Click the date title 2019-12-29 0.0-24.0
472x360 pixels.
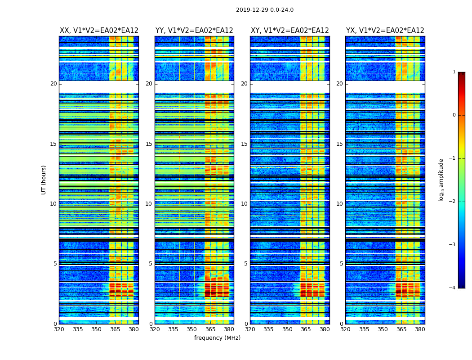coord(265,10)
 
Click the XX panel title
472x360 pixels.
coord(99,31)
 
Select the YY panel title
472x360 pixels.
coord(194,31)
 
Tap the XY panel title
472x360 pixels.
coord(290,31)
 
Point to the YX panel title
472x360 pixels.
coord(385,31)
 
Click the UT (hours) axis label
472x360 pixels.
coord(44,180)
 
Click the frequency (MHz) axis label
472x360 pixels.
coord(217,338)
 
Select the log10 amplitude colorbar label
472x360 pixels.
coord(441,180)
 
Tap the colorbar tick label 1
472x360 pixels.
coord(454,72)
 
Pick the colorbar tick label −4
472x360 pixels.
coord(453,288)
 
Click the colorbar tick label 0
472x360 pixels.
coord(454,115)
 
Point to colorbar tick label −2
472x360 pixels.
coord(453,202)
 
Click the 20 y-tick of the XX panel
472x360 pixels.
coord(53,84)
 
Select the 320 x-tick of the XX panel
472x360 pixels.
coord(59,329)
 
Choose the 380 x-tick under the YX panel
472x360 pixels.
coord(420,329)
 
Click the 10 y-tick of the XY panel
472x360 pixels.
coord(244,204)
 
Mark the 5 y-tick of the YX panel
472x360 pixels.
coord(341,264)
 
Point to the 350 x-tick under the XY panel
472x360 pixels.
coord(287,329)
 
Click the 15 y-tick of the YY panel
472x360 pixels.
coord(149,144)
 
